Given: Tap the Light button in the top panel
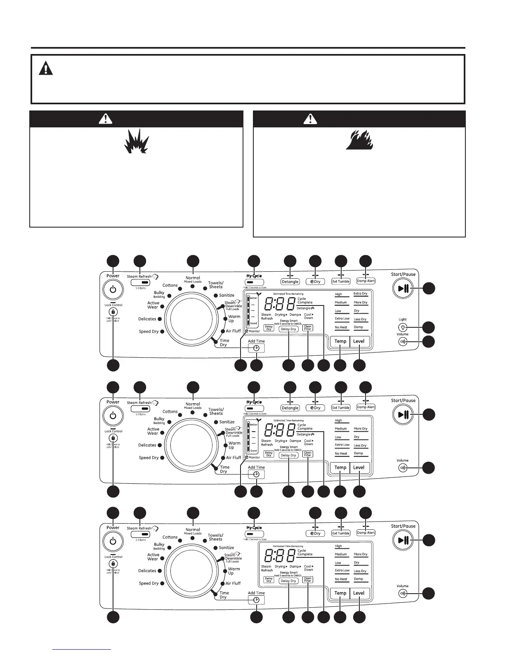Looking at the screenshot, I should (x=403, y=328).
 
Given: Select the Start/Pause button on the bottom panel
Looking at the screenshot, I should (x=404, y=540).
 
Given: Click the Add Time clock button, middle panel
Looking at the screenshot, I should (x=256, y=474).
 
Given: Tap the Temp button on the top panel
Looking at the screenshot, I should (x=340, y=341).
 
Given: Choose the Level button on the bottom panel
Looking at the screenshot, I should (x=359, y=593).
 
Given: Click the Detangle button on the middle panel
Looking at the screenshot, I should (x=290, y=408).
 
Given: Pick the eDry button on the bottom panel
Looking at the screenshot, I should (x=315, y=533).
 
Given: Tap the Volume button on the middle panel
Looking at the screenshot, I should (x=403, y=468).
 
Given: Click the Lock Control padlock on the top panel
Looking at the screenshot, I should (x=113, y=312).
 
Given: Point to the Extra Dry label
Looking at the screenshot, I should (x=360, y=294).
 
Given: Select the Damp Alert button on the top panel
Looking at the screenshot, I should (x=366, y=281).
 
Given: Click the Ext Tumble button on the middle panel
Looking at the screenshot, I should (x=341, y=408).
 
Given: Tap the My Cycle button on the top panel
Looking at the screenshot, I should (x=254, y=282).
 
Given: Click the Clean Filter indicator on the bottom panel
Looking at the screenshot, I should (x=308, y=579).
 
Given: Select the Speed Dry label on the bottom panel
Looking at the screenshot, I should (x=149, y=583).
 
